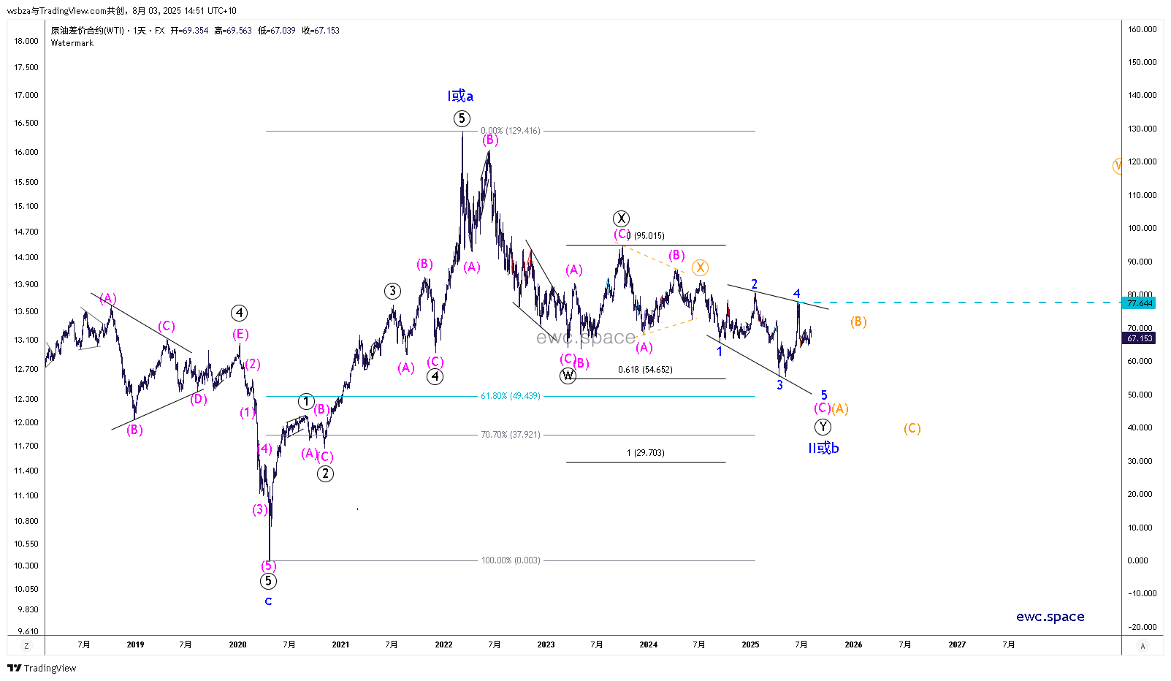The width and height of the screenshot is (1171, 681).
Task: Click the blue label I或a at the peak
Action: click(460, 96)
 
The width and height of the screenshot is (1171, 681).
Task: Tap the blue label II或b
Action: click(823, 448)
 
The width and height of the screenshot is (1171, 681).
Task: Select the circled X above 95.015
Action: click(621, 218)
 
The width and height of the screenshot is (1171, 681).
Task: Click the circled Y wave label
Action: click(823, 427)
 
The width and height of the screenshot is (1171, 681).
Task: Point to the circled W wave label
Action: click(568, 376)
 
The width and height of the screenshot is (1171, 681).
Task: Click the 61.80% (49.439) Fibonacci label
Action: click(510, 396)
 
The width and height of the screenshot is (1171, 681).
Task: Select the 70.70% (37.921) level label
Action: click(510, 435)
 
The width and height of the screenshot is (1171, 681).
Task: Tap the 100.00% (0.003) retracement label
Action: click(510, 560)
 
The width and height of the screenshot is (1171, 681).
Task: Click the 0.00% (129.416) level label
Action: click(510, 131)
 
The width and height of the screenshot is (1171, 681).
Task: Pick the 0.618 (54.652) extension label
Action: click(645, 370)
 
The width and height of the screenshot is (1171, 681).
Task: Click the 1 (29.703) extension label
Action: click(645, 453)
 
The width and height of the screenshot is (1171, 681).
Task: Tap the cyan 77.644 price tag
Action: click(1139, 303)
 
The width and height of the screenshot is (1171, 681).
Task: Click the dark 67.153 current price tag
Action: click(1139, 338)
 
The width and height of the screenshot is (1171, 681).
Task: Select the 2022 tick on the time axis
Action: click(443, 644)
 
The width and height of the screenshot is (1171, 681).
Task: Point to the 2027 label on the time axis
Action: click(956, 644)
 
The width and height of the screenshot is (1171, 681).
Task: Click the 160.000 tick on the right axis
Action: click(1142, 29)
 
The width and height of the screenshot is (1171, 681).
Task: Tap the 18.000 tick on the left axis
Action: click(26, 41)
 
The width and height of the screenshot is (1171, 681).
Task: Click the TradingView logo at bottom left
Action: click(42, 668)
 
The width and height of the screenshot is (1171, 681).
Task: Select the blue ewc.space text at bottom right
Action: click(1050, 617)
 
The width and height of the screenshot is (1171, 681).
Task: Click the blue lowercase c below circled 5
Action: click(268, 601)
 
